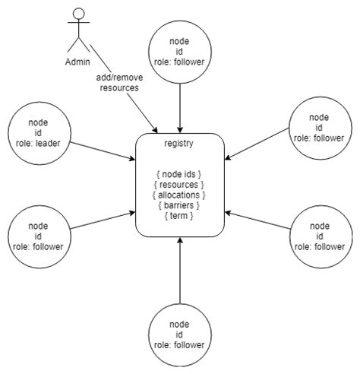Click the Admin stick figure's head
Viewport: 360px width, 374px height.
76,14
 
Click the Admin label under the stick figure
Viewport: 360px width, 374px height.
76,62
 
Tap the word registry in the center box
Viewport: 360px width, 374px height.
180,144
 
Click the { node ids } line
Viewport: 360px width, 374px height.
180,173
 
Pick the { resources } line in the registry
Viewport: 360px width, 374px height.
180,184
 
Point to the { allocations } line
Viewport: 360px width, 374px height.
180,195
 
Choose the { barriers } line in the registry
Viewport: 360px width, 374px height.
180,205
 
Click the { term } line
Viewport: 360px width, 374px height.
180,216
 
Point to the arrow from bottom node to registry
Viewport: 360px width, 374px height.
180,270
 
